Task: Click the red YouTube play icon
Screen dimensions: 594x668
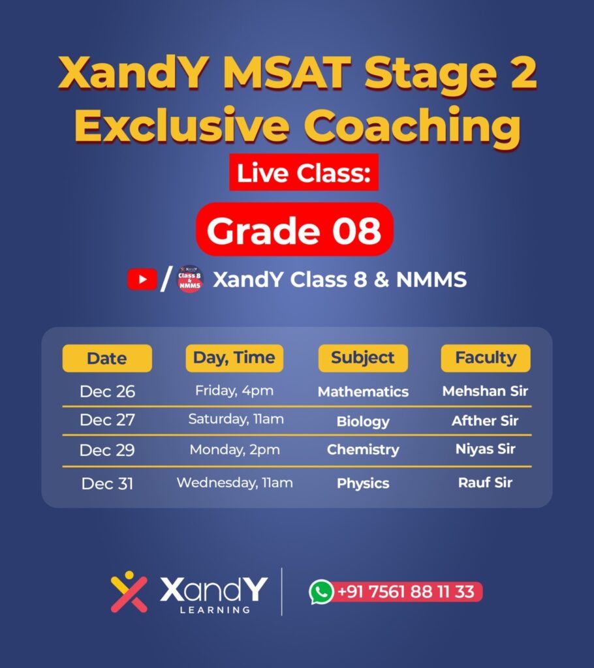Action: pos(142,279)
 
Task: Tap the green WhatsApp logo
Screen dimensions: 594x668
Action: pos(321,592)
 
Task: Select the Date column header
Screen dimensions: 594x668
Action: pos(107,358)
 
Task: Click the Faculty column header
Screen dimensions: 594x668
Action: pos(486,358)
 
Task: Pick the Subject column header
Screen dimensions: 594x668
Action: pos(363,358)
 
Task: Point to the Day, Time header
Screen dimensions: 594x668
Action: pos(234,358)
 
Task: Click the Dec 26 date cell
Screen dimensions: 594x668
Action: pos(108,391)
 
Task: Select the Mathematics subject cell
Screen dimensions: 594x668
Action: pos(364,391)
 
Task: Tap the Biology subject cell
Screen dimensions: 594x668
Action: pos(363,421)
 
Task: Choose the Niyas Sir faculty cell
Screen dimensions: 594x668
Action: pos(485,449)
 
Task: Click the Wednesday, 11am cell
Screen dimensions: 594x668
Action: pos(235,483)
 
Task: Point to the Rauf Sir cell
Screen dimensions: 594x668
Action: pos(485,483)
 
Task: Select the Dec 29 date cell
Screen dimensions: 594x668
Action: pos(107,450)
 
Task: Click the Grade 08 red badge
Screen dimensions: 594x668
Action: pos(294,229)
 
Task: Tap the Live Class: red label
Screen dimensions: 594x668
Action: pos(304,172)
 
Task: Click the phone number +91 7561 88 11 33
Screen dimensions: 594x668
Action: pos(405,592)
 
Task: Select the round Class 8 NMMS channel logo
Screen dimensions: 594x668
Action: pos(190,279)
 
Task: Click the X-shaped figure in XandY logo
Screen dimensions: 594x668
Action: pos(129,592)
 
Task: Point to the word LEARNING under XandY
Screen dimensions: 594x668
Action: pos(215,610)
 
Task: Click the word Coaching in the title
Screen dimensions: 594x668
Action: pos(412,126)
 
